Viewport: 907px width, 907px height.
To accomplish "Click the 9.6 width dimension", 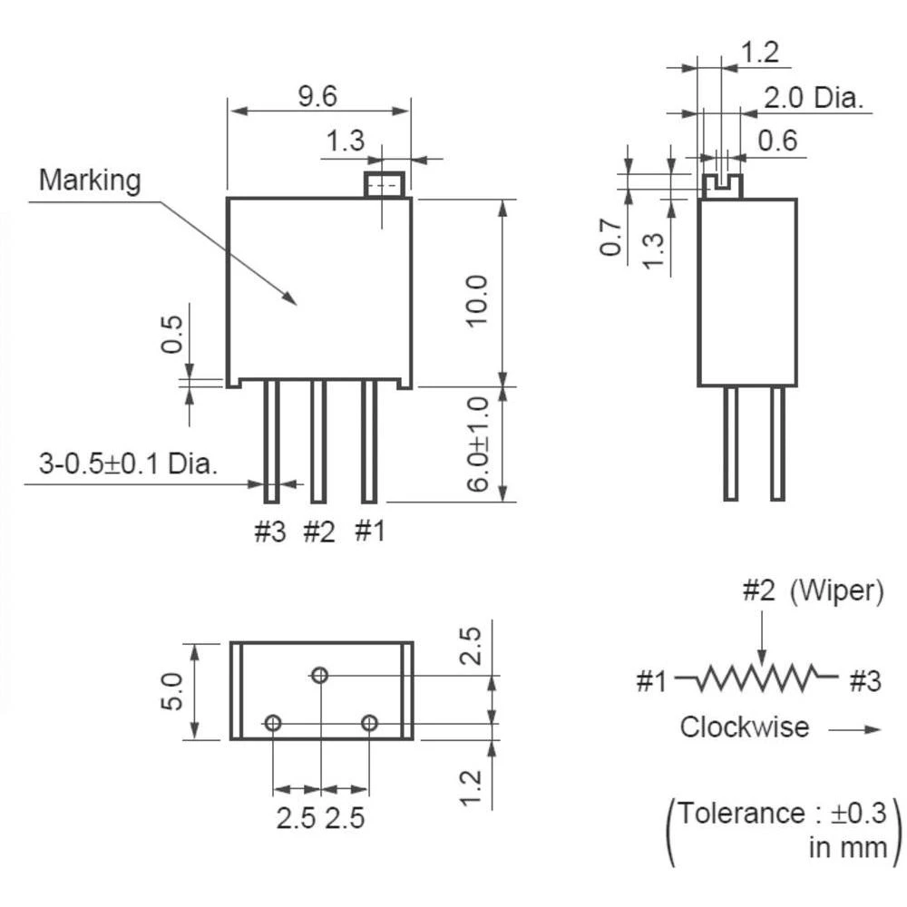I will pos(317,95).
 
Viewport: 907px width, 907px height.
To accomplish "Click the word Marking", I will pos(90,180).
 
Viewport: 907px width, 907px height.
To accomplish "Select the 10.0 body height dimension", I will pos(478,299).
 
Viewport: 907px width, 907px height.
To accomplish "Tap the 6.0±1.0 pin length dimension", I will pos(478,443).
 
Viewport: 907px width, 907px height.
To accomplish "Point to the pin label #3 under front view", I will pos(268,532).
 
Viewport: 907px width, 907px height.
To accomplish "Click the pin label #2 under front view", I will pos(318,532).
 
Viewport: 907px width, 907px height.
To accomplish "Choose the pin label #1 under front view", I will pos(369,531).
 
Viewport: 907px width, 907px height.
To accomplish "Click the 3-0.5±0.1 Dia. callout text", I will pos(128,465).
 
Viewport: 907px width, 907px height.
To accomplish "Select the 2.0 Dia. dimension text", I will pos(813,97).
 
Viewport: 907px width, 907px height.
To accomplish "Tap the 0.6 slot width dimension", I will pos(777,141).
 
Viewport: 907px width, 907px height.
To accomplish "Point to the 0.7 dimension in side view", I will pos(612,238).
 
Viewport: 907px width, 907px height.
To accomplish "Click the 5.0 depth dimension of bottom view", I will pos(174,692).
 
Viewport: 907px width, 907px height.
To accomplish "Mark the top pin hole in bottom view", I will pos(319,675).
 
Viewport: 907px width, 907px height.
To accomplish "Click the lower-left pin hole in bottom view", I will pos(272,723).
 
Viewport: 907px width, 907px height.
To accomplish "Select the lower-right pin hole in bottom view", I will pos(368,723).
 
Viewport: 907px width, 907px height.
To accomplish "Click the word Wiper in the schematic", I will pos(835,591).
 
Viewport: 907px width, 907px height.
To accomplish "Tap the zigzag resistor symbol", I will pos(757,677).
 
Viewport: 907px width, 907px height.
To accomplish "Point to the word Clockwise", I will pos(745,727).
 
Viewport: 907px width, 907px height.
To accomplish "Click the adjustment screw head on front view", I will pos(385,185).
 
